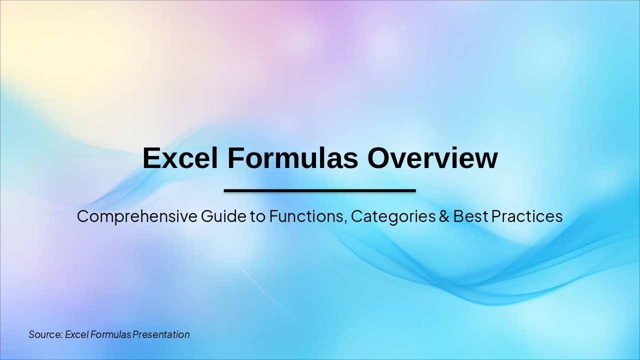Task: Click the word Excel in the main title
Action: click(x=180, y=158)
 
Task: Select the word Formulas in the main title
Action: click(x=293, y=158)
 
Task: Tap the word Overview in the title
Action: click(x=432, y=158)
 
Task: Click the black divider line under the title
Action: click(x=320, y=190)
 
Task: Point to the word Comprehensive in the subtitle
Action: click(x=137, y=216)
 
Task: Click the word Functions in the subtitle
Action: click(x=307, y=216)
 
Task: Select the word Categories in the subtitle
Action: click(x=393, y=216)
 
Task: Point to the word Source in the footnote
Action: click(x=44, y=334)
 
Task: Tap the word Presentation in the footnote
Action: click(x=161, y=334)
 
